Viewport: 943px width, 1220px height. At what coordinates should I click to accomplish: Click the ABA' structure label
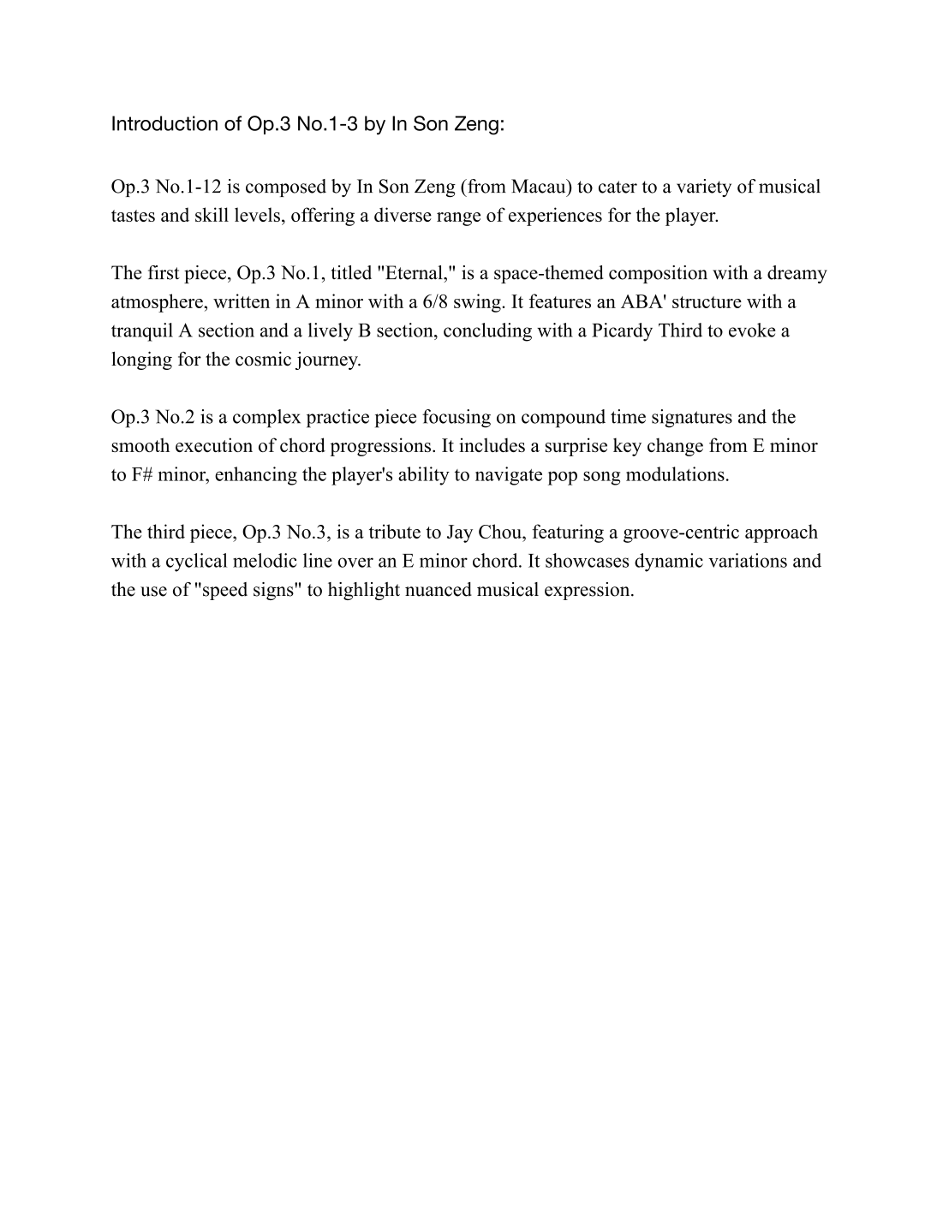pyautogui.click(x=644, y=302)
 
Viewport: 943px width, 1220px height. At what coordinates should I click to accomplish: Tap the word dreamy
pyautogui.click(x=797, y=273)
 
